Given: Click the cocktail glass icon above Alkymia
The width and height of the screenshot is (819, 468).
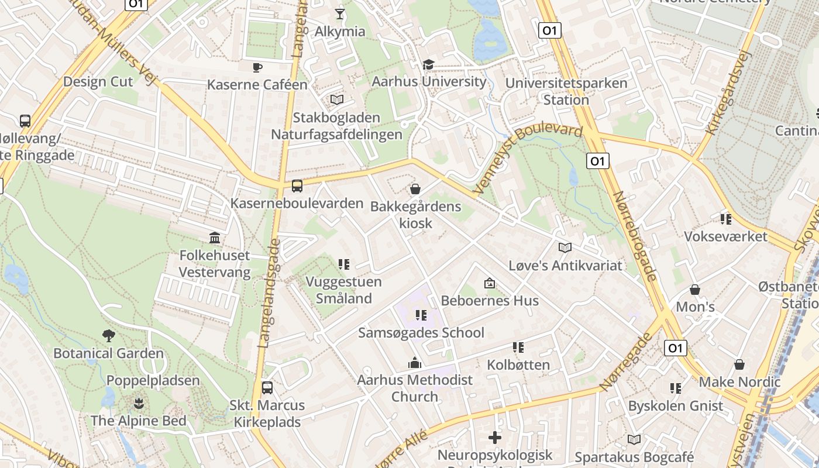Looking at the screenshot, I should pos(340,13).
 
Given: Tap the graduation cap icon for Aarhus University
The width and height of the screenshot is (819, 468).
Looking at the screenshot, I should pos(429,64).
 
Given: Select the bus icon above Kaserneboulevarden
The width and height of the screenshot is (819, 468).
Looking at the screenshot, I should pos(297,186).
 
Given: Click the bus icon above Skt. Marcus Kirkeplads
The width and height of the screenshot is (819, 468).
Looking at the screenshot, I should pos(267,387).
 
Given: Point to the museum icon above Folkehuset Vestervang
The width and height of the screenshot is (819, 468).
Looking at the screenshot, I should pos(215,238).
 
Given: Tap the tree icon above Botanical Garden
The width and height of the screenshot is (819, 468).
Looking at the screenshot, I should pos(108,336).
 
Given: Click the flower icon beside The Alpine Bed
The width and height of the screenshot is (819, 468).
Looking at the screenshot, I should pos(139,403).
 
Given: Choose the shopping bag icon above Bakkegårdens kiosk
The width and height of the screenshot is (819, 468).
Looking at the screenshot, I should pos(415,188).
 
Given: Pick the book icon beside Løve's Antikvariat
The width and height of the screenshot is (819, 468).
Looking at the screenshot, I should pos(565,248).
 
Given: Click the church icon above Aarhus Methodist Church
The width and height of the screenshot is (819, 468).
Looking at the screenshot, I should pos(415,363).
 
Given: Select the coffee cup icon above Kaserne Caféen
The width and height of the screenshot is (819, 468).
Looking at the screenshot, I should pos(257,67).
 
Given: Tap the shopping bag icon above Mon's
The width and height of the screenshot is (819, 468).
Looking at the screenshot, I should pos(695,290).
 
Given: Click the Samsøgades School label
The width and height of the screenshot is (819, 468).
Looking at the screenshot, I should pos(421,333).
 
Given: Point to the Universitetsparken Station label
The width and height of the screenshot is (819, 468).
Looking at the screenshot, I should pos(566,91).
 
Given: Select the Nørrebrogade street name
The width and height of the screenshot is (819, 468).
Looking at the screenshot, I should pos(635,236).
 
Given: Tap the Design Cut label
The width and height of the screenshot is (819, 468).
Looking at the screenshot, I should pos(98,81).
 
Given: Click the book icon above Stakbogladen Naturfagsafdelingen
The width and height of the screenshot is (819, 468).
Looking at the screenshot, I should pos(337,100).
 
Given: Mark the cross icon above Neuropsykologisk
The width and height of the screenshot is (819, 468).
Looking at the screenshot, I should pos(495,438).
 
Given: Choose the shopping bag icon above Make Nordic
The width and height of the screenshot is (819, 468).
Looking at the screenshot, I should pos(739,365).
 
